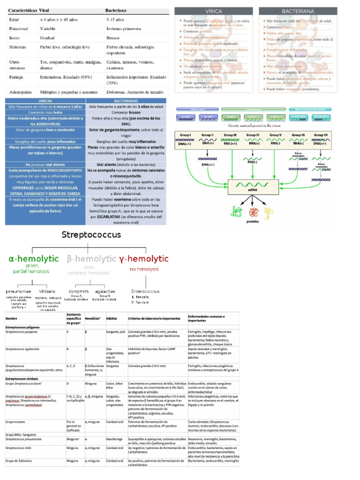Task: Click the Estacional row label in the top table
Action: pos(18,29)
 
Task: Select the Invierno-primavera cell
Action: pos(123,29)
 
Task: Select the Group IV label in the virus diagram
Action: pos(254,135)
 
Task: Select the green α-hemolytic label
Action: pos(33,258)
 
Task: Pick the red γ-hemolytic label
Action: pos(144,258)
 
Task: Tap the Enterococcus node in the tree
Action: pos(145,291)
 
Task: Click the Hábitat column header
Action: pos(112,318)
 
